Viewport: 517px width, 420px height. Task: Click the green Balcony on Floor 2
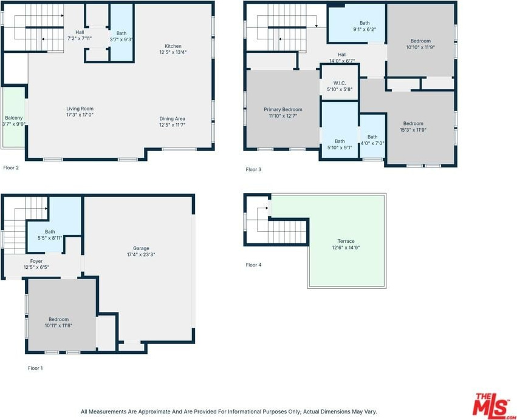point(14,118)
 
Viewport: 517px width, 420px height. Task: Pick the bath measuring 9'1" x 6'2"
point(365,26)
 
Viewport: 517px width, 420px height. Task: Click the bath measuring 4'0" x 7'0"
point(372,140)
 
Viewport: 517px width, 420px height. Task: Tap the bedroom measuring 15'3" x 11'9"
point(413,126)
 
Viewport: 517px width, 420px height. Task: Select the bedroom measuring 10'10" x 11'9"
point(420,44)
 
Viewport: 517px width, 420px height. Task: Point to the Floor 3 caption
point(253,170)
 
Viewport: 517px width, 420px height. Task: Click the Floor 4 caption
point(253,265)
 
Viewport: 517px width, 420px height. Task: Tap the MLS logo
point(491,405)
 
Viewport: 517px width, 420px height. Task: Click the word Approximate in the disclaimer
point(154,412)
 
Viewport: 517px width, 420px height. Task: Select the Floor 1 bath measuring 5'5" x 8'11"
point(50,235)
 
